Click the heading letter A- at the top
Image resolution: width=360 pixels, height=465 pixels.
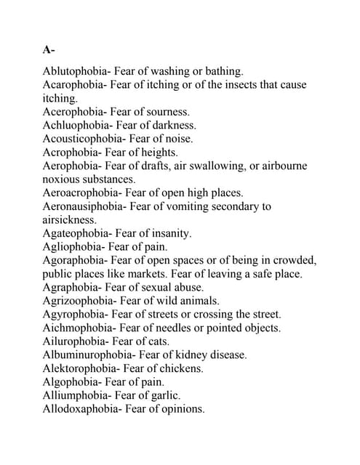click(49, 50)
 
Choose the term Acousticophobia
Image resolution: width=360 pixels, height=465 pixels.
click(83, 138)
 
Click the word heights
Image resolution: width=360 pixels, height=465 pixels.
click(161, 152)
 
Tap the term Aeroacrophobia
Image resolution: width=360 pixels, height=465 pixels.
click(82, 193)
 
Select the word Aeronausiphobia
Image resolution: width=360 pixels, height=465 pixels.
click(84, 206)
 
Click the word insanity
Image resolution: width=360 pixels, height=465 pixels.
click(169, 233)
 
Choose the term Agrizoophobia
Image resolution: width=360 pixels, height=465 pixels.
click(79, 300)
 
